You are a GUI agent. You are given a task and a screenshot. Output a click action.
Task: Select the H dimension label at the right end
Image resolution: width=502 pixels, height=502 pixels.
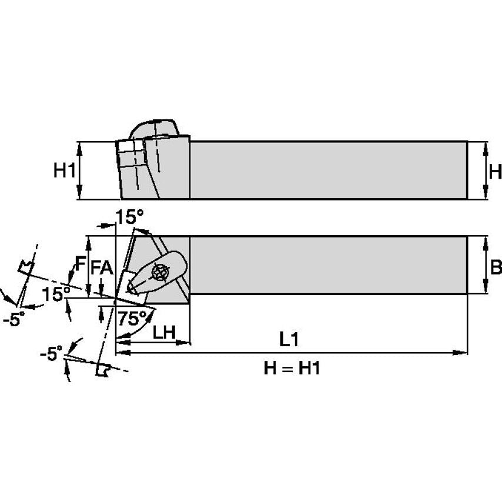(495, 172)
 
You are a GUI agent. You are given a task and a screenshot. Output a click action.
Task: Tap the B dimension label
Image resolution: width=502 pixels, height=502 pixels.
(495, 267)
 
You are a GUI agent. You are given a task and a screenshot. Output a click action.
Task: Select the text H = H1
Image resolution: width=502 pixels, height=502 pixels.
(292, 369)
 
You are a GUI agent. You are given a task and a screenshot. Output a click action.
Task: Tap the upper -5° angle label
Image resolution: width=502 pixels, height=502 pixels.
(14, 319)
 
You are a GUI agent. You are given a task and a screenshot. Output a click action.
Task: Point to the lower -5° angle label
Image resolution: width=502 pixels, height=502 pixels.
(51, 354)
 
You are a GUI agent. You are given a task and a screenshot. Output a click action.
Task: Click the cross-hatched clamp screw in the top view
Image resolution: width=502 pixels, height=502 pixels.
(159, 272)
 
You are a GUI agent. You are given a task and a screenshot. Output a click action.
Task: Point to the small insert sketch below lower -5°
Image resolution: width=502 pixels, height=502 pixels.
(103, 370)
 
